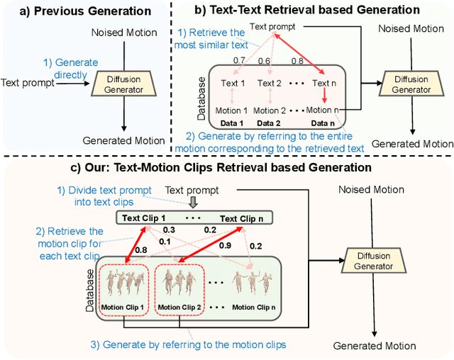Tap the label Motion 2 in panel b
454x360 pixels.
click(270, 111)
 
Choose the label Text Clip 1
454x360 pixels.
click(144, 218)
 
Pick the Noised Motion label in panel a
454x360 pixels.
click(121, 33)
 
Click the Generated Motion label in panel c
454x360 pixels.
click(374, 346)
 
